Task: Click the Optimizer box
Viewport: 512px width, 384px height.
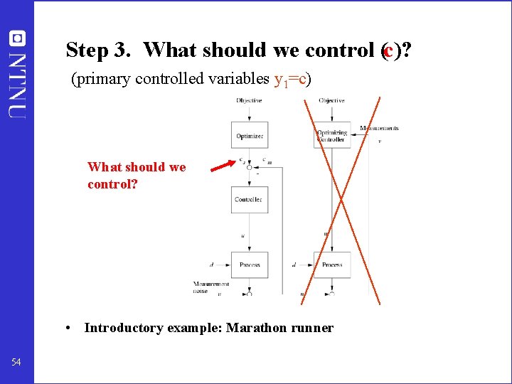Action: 249,135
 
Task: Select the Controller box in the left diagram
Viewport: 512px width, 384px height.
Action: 249,199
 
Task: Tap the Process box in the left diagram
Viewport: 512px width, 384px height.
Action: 249,265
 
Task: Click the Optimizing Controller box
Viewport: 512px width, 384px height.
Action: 331,135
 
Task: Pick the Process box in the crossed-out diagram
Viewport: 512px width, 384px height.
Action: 331,265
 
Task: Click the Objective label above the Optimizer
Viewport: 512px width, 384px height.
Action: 249,100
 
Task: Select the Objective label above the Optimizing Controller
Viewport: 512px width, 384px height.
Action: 331,100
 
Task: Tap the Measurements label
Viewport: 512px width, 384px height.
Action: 379,128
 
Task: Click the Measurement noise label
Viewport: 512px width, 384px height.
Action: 210,286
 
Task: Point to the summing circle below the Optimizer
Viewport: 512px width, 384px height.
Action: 249,167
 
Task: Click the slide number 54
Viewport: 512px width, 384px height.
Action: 16,363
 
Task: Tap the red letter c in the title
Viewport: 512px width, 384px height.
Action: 388,50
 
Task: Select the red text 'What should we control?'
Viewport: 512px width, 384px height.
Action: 137,174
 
